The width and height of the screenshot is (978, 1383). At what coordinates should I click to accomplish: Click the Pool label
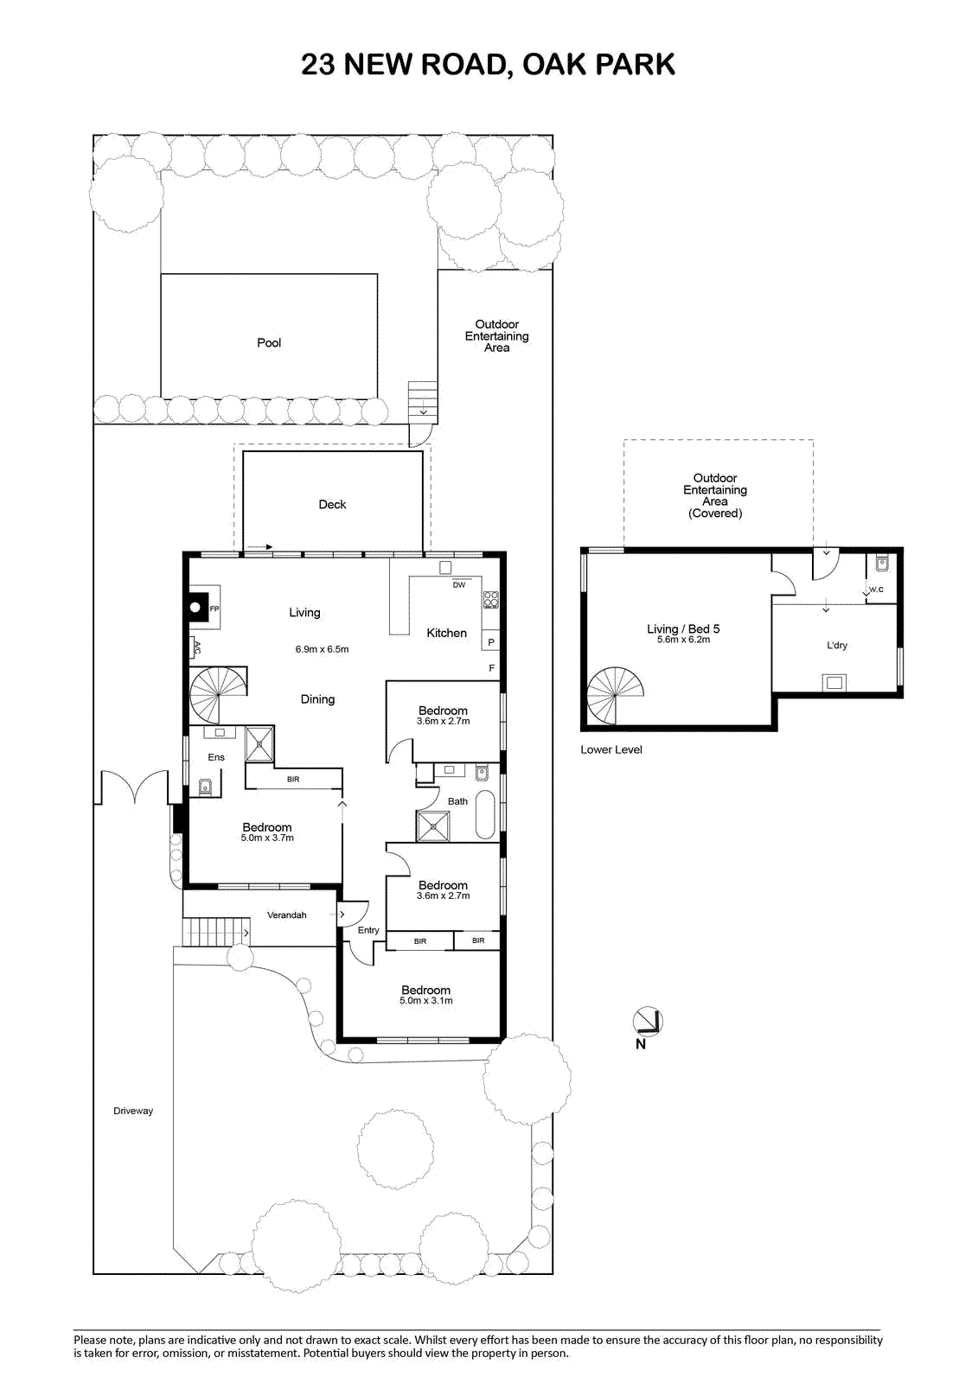click(269, 342)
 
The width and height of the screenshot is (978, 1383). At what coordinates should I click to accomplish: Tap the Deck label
click(332, 505)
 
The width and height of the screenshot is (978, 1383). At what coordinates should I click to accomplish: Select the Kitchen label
click(447, 633)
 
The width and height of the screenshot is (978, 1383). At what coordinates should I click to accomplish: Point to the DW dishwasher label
click(459, 584)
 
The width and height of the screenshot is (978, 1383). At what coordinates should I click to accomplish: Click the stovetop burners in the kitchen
click(491, 600)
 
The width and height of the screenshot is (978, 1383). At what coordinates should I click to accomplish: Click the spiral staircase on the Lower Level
click(616, 695)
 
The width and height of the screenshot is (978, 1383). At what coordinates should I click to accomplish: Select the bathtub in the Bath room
click(487, 814)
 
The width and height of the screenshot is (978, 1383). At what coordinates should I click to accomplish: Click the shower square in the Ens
click(259, 744)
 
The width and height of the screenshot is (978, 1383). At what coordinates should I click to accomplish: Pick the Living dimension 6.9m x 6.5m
click(322, 649)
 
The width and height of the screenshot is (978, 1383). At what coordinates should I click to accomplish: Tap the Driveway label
click(133, 1111)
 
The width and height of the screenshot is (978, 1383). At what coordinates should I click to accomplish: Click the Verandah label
click(287, 915)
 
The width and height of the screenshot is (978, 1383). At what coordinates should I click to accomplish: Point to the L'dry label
click(837, 645)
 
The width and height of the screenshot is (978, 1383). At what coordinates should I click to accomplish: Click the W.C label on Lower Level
click(876, 589)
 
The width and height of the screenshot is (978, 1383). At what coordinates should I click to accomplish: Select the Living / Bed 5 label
click(683, 629)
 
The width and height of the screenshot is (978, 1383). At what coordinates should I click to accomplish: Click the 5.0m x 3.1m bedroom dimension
click(426, 1001)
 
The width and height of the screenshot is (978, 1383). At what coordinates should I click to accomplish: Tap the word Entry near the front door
click(368, 930)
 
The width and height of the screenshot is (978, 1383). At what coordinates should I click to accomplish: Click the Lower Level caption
click(611, 749)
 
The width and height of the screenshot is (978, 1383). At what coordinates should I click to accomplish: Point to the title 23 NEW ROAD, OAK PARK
click(488, 64)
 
